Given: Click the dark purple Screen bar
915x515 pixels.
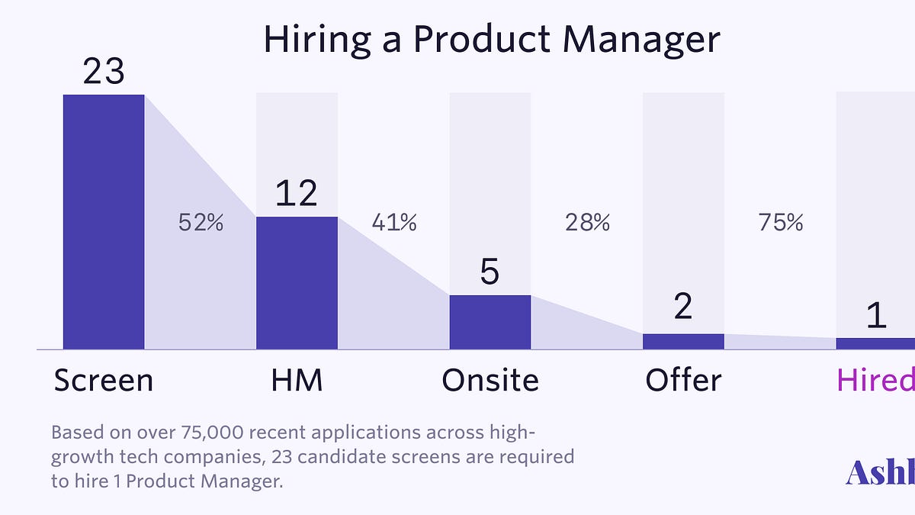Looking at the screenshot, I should coord(104,221).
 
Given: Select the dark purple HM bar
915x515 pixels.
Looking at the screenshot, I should coord(297,282).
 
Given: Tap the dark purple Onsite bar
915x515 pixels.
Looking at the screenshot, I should coord(490,322).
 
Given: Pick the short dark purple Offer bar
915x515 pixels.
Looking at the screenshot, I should coord(683,341).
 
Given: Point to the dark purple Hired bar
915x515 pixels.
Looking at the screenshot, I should coord(875,343).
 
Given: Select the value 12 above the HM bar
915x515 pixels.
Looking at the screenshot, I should coord(297,194).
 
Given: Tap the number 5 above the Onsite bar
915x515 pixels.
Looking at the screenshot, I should coord(490,272).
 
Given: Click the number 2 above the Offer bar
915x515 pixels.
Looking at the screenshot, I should coord(683,307).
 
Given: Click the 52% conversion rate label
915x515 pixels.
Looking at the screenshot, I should coord(201,223).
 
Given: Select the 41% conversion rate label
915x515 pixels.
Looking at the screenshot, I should coord(394,223).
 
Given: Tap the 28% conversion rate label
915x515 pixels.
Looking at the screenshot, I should coord(587,223).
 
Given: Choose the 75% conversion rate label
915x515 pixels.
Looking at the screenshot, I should coord(781,223).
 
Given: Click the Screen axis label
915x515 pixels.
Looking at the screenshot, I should coord(104,380).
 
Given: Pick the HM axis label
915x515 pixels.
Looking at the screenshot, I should coord(297,380).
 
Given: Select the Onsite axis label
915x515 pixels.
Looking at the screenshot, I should coord(490,380).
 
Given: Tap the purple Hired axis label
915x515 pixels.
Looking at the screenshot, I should coord(875,380).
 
